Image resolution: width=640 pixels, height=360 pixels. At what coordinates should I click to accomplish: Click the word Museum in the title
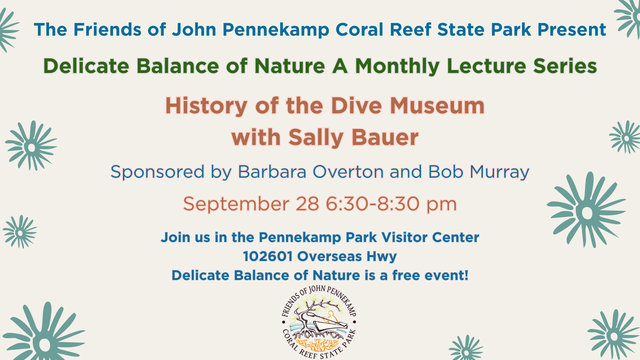click(x=437, y=106)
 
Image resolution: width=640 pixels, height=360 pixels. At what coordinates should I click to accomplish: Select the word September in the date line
click(x=236, y=204)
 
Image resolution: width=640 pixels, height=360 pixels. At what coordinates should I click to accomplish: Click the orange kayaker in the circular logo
click(x=330, y=317)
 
